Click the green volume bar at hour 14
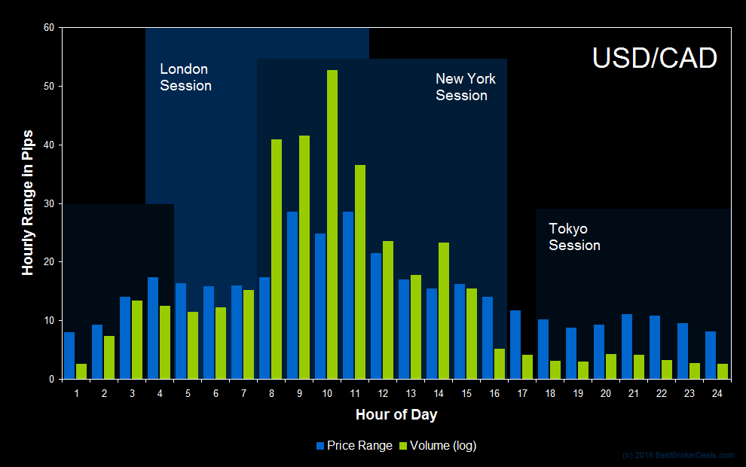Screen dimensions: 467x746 pos(444,310)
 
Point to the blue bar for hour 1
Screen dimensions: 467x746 pos(69,356)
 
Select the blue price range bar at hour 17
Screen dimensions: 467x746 pos(515,345)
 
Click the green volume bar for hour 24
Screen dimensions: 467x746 pos(723,371)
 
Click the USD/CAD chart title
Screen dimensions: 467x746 pos(654,58)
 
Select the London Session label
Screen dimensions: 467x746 pos(185,78)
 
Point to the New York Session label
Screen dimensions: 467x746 pos(465,87)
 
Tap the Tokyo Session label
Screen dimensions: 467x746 pos(574,237)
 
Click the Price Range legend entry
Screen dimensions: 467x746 pos(354,445)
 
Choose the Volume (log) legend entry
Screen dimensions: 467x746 pos(439,445)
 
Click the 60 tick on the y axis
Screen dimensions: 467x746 pos(49,28)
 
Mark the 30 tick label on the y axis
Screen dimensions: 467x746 pos(49,203)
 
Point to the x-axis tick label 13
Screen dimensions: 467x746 pos(411,393)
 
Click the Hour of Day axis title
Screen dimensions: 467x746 pos(396,415)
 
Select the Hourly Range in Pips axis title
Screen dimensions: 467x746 pos(28,203)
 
